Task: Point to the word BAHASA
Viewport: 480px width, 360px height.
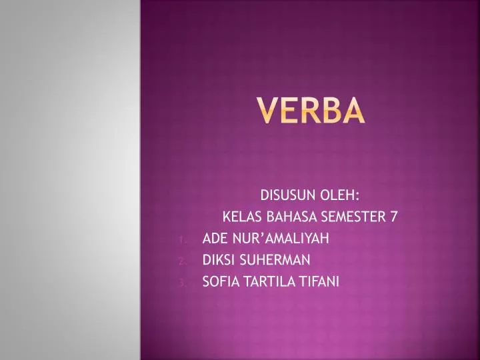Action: (x=292, y=217)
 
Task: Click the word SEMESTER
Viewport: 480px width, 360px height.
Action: (x=355, y=217)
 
